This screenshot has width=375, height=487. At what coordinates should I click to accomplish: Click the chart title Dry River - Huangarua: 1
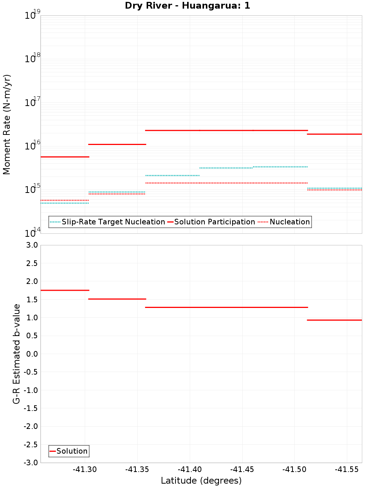[187, 6]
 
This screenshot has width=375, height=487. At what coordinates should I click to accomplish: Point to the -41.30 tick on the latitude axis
[85, 469]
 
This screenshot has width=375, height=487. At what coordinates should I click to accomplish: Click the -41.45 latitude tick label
[242, 469]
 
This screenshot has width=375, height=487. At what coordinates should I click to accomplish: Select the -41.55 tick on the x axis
[347, 469]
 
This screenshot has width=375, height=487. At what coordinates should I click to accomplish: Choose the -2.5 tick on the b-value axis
[31, 445]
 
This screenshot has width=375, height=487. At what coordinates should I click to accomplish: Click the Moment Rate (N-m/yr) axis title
[7, 124]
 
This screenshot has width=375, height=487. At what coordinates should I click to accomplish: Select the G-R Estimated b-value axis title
[16, 354]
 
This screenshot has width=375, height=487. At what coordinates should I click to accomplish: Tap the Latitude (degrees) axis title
[201, 481]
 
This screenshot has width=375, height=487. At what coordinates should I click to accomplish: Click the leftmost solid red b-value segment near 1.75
[64, 290]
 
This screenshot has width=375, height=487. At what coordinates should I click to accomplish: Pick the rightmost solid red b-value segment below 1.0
[334, 320]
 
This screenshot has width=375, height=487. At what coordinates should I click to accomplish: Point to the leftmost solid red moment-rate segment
[64, 157]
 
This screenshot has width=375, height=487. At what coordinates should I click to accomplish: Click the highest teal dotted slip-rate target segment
[280, 167]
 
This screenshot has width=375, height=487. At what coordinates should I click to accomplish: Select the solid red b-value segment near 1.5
[117, 299]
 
